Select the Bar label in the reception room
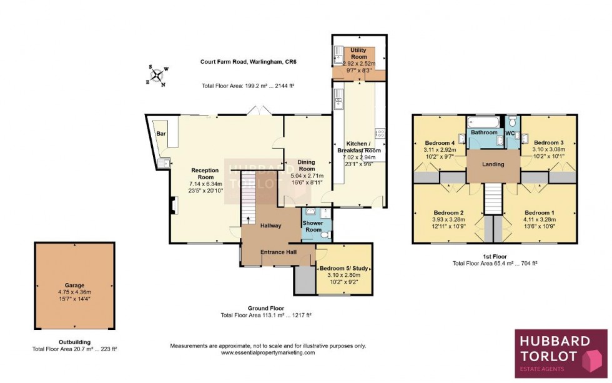pos(160,134)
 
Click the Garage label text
pos(74,286)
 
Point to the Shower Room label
pos(313,226)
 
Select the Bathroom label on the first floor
pos(484,132)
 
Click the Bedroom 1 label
pos(540,212)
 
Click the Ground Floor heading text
pos(267,308)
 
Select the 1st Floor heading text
pos(494,256)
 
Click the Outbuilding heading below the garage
pos(74,342)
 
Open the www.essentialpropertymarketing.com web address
pos(268,353)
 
